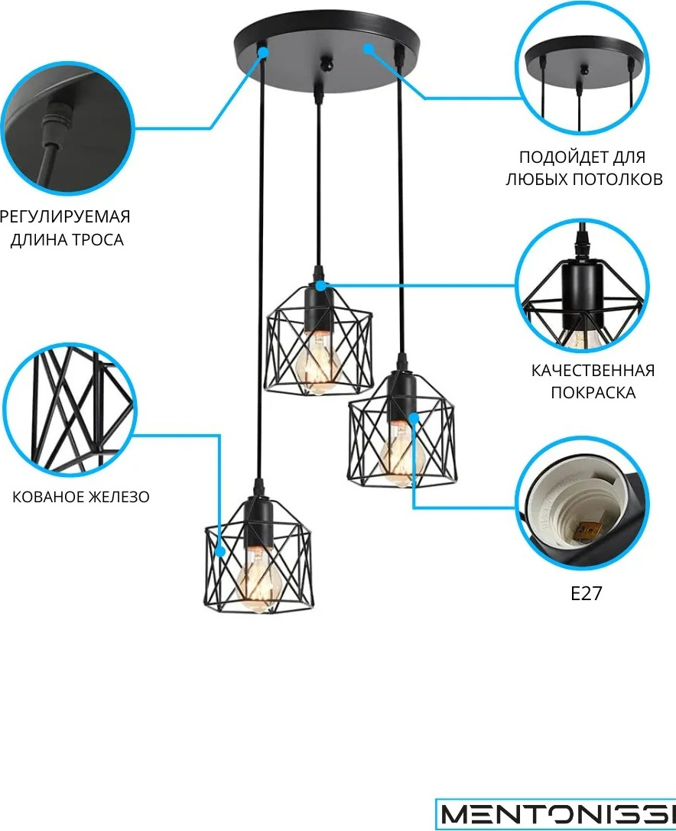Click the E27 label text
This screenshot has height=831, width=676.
[x=586, y=593]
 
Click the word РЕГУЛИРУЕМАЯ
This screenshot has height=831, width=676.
[x=64, y=217]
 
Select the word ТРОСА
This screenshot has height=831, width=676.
[x=98, y=240]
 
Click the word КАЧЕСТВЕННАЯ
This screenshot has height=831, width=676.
[x=593, y=371]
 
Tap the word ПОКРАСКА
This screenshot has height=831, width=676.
[x=593, y=393]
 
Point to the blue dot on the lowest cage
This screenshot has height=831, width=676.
[x=220, y=551]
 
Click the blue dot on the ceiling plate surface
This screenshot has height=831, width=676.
[x=368, y=48]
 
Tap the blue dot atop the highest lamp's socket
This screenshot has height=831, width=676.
[x=320, y=286]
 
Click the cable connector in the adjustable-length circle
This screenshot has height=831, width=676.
[x=56, y=118]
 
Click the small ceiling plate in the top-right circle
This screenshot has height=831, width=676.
[x=583, y=63]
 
